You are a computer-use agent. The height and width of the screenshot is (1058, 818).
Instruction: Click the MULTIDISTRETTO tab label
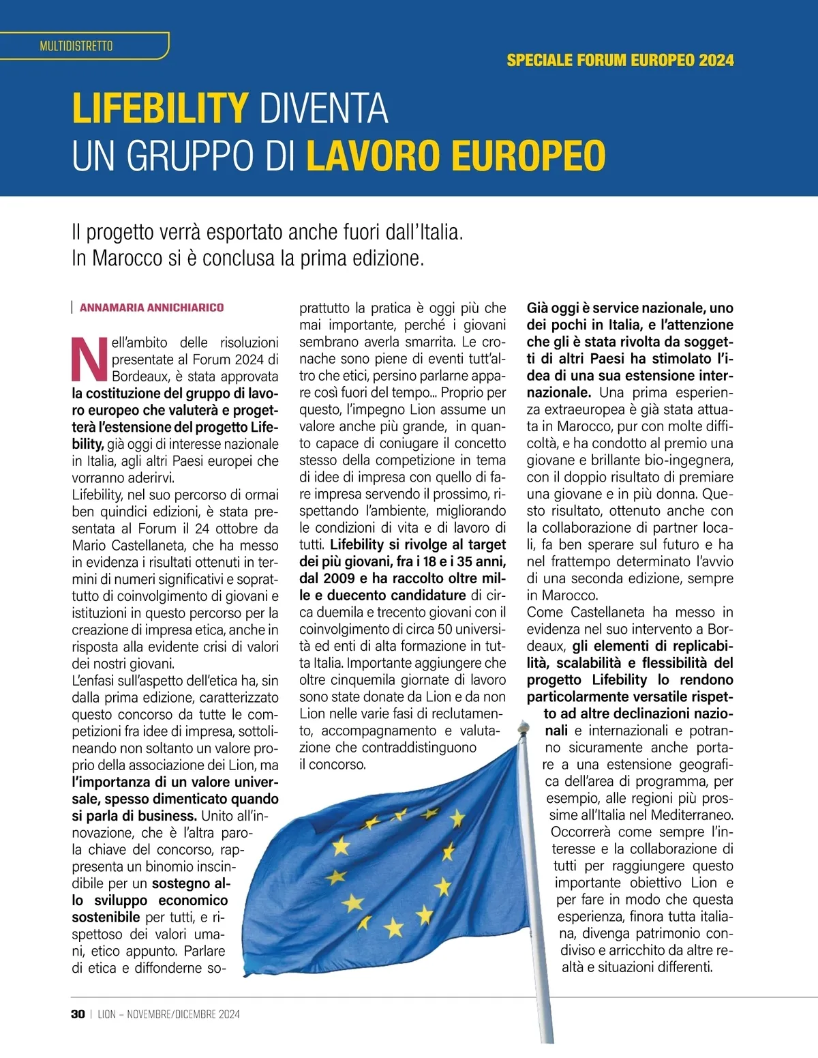point(76,46)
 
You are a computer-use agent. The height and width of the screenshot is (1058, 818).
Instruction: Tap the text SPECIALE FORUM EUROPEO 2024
point(620,60)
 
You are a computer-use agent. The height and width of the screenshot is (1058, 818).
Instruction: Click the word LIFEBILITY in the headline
point(160,108)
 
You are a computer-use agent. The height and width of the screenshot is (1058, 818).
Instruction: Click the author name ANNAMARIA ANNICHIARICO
point(151,308)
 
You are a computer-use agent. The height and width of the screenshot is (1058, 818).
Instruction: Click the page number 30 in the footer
point(78,1014)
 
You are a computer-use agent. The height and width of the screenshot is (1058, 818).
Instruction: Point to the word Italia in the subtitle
point(433,233)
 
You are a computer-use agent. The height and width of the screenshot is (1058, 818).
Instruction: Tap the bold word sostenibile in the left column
point(106,917)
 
